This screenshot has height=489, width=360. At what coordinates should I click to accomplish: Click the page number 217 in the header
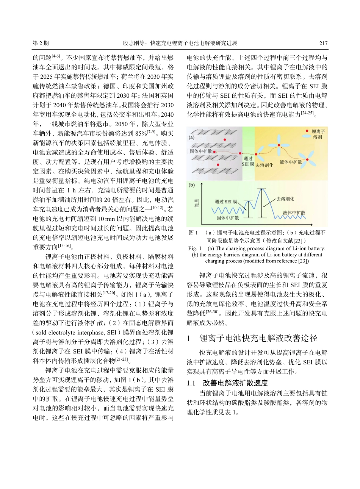pyautogui.click(x=323, y=43)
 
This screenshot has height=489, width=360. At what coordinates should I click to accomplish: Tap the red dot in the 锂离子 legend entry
pyautogui.click(x=307, y=131)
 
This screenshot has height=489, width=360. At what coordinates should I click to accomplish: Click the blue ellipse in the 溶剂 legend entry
pyautogui.click(x=306, y=137)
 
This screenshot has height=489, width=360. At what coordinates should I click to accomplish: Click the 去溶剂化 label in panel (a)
pyautogui.click(x=264, y=166)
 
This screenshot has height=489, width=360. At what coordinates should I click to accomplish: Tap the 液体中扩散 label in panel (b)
pyautogui.click(x=294, y=212)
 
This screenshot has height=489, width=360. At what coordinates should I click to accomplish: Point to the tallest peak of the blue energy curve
pyautogui.click(x=261, y=188)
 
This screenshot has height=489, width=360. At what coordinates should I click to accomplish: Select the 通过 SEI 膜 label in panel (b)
pyautogui.click(x=226, y=202)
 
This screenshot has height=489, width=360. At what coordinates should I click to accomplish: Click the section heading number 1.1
pyautogui.click(x=192, y=383)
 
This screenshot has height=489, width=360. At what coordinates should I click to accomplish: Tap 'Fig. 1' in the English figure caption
pyautogui.click(x=195, y=248)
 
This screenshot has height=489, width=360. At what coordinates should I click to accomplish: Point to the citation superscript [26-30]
pyautogui.click(x=212, y=312)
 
